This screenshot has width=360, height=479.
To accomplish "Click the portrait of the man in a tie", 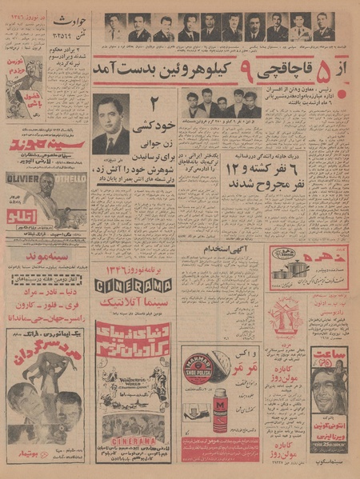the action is point(110,125).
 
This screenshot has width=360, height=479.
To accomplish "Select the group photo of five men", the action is point(214,104).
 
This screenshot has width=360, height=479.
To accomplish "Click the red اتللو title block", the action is point(31,217).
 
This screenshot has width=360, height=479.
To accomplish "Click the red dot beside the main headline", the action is point(343,94).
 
